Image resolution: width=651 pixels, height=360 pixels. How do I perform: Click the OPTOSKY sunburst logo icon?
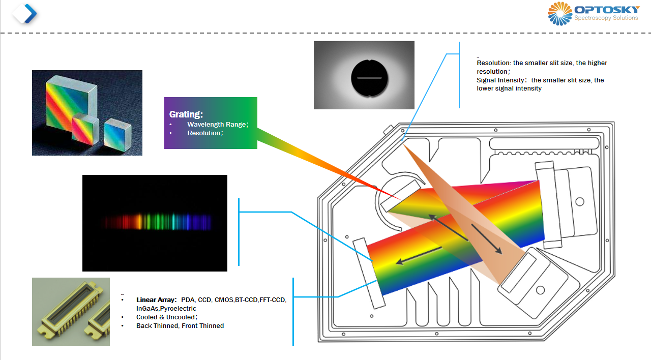(x=560, y=14)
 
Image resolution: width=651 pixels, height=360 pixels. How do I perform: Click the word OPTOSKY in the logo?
(x=607, y=10)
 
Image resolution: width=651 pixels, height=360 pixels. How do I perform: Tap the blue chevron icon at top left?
(x=31, y=13)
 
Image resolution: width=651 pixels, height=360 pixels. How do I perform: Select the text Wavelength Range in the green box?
(x=217, y=125)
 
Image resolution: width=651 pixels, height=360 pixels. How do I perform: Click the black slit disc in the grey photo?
(x=369, y=78)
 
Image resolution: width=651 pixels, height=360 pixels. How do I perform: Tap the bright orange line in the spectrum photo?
(x=139, y=221)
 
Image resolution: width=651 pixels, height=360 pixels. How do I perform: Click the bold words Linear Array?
(x=156, y=300)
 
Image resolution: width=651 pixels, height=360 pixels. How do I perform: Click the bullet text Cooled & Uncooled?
(x=166, y=317)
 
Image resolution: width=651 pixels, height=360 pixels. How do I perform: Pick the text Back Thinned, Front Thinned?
(x=180, y=326)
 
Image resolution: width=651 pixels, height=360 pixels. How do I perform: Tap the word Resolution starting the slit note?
(x=493, y=63)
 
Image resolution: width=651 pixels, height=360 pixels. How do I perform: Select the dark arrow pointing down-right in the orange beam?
(x=487, y=239)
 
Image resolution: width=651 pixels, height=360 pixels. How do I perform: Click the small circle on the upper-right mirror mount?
(x=580, y=202)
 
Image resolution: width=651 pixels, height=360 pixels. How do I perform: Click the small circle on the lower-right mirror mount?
(x=540, y=290)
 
